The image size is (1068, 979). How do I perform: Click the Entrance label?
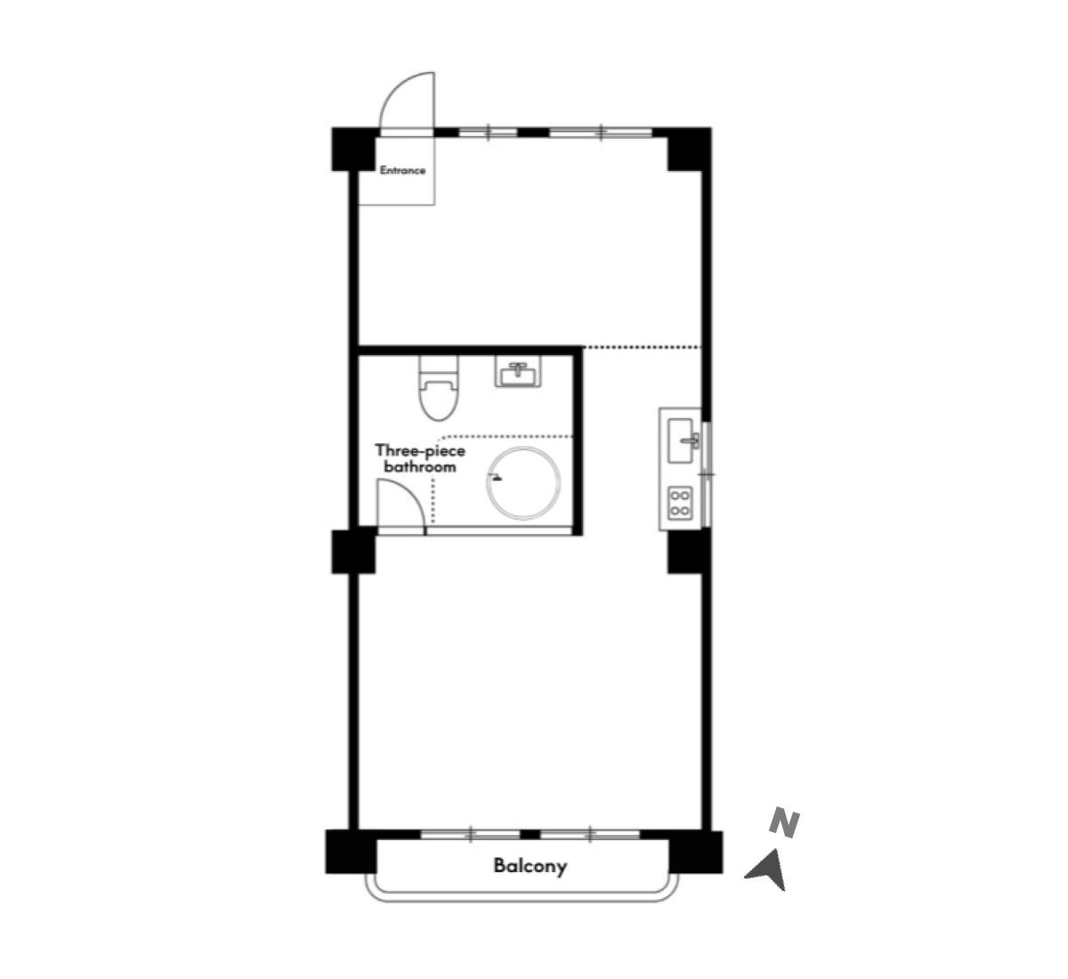point(402,171)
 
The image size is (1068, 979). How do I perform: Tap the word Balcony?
point(530,866)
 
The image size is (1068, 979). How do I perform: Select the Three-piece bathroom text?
point(420,458)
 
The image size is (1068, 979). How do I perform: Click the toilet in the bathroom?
point(438,388)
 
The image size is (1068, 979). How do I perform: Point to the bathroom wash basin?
point(517,371)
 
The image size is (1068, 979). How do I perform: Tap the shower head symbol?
point(496,477)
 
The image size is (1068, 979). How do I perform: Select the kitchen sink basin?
point(681,441)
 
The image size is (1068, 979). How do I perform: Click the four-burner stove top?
point(681,503)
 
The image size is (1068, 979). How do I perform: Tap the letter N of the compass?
point(784,823)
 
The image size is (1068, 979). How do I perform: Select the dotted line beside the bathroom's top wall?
point(642,347)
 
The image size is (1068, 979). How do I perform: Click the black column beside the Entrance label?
point(353,150)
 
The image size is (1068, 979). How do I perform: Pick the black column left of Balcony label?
point(351,852)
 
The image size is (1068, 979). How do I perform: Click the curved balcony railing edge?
point(522,898)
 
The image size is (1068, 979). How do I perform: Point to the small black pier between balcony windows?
point(530,834)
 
